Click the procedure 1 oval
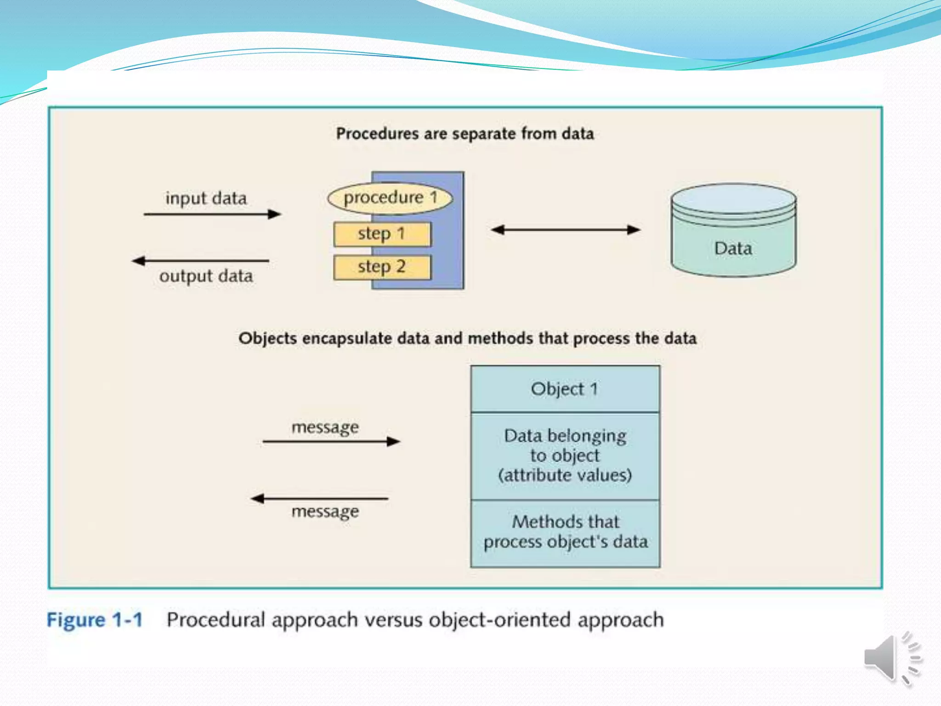(390, 199)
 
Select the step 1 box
(382, 234)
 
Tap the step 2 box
(382, 267)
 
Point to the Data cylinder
(733, 231)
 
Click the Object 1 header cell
(565, 389)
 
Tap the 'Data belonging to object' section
(565, 455)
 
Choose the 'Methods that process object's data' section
(565, 532)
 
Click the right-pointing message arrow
(331, 442)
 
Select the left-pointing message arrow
(320, 498)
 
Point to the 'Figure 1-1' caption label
(95, 620)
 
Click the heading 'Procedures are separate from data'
(465, 134)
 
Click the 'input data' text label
(206, 199)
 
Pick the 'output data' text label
(206, 276)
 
